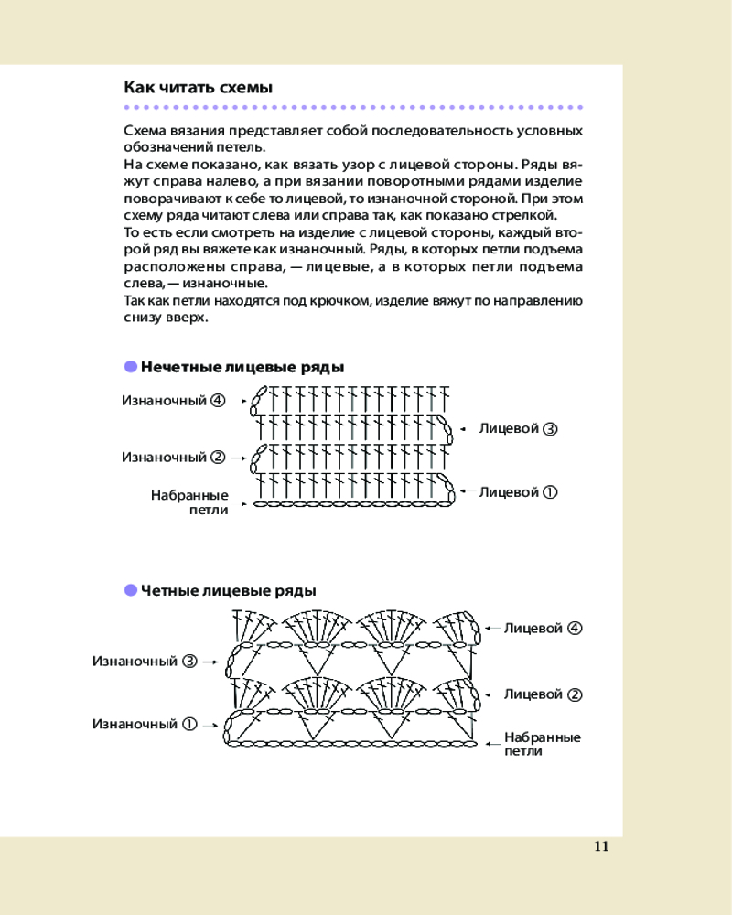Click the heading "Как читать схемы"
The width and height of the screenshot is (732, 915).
click(198, 88)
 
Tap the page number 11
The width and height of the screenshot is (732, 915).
click(601, 845)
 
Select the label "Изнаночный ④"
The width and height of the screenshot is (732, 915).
click(174, 400)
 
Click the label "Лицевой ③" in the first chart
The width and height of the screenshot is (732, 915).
click(518, 428)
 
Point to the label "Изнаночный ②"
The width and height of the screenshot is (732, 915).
click(174, 457)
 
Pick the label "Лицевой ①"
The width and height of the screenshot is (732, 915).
click(518, 492)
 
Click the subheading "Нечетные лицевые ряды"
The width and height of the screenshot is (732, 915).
click(242, 367)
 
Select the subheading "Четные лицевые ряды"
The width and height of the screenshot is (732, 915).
click(228, 590)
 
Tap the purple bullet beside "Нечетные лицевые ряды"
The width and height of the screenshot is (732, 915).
click(130, 367)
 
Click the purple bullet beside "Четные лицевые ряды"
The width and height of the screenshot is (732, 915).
click(130, 590)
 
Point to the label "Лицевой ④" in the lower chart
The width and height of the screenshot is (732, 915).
click(543, 629)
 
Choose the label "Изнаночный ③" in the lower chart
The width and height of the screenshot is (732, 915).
click(145, 661)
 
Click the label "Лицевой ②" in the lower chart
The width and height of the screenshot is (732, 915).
click(543, 694)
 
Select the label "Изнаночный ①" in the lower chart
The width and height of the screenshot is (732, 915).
click(145, 724)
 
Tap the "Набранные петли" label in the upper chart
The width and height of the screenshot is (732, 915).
click(189, 502)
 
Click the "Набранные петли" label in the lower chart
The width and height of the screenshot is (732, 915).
click(542, 744)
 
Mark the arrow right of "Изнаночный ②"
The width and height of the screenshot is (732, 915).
click(238, 457)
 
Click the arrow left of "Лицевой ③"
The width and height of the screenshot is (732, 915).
click(463, 428)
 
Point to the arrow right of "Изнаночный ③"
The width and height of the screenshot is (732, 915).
click(210, 661)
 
